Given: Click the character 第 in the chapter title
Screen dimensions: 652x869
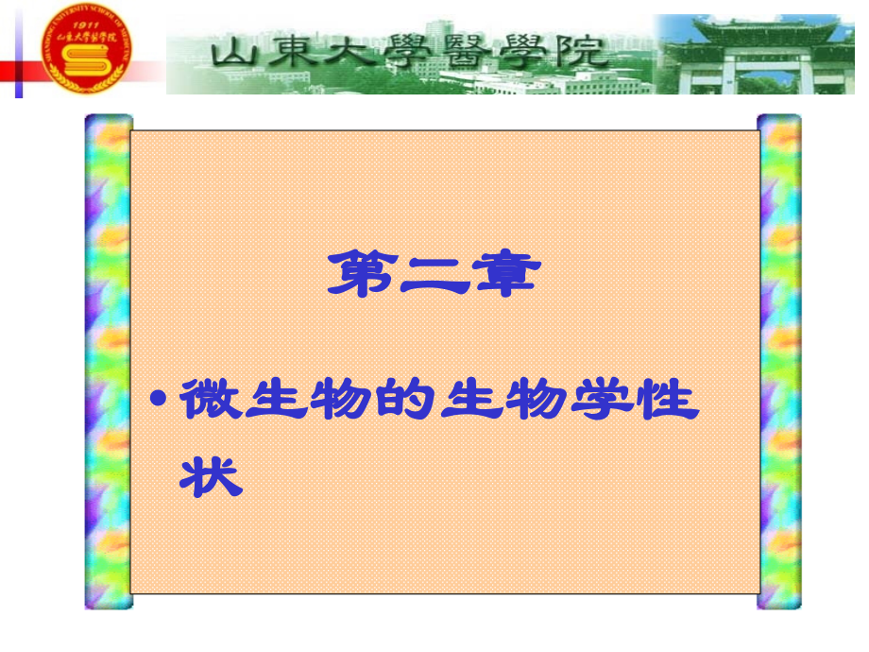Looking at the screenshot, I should tap(361, 274).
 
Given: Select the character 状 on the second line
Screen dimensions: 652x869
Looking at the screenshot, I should tap(211, 476).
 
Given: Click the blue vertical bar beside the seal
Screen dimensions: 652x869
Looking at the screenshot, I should tap(18, 52).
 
